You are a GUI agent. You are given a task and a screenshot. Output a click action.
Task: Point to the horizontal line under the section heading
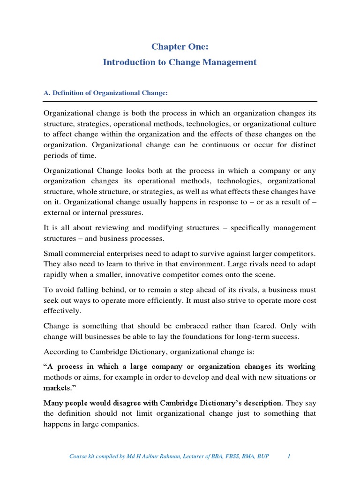pos(180,101)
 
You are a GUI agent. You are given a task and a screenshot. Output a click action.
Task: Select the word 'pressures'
pos(127,213)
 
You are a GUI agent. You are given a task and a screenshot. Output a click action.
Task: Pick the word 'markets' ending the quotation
pos(58,389)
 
